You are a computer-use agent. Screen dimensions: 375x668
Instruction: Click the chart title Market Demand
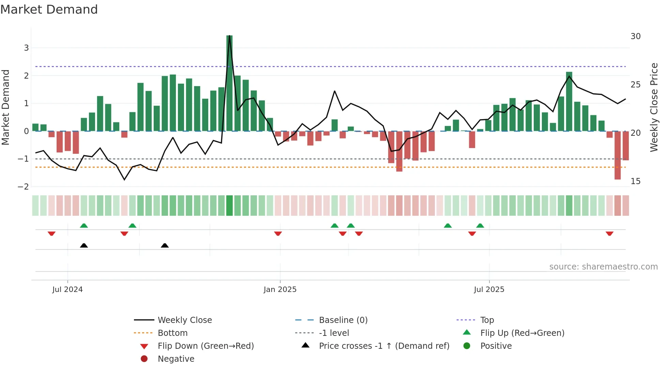click(49, 10)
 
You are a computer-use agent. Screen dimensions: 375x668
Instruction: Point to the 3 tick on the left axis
click(26, 48)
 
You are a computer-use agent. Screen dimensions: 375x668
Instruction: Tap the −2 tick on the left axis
click(24, 187)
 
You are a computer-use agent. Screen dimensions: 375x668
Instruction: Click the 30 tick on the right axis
click(636, 36)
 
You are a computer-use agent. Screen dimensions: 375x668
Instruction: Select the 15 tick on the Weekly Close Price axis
click(636, 181)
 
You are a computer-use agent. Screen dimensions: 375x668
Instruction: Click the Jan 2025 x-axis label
click(280, 290)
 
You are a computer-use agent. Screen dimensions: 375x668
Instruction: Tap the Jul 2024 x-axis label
click(67, 290)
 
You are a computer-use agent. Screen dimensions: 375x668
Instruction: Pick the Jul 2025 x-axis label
click(489, 290)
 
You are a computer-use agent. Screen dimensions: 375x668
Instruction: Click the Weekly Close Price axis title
click(654, 107)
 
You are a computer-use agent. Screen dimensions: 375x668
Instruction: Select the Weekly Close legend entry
click(184, 320)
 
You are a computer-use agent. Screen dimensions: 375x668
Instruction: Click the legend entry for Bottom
click(172, 333)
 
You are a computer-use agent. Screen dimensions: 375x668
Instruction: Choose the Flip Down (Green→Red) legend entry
click(206, 346)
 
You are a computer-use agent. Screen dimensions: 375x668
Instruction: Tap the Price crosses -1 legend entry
click(384, 346)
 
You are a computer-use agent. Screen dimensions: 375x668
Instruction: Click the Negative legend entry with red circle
click(176, 359)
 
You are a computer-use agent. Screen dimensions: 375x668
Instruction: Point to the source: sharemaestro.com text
click(603, 267)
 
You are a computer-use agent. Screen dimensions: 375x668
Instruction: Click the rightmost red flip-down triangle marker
click(609, 233)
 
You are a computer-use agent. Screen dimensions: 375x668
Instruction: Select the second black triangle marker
click(165, 245)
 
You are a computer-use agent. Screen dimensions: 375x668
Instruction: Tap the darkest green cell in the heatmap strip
click(229, 206)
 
